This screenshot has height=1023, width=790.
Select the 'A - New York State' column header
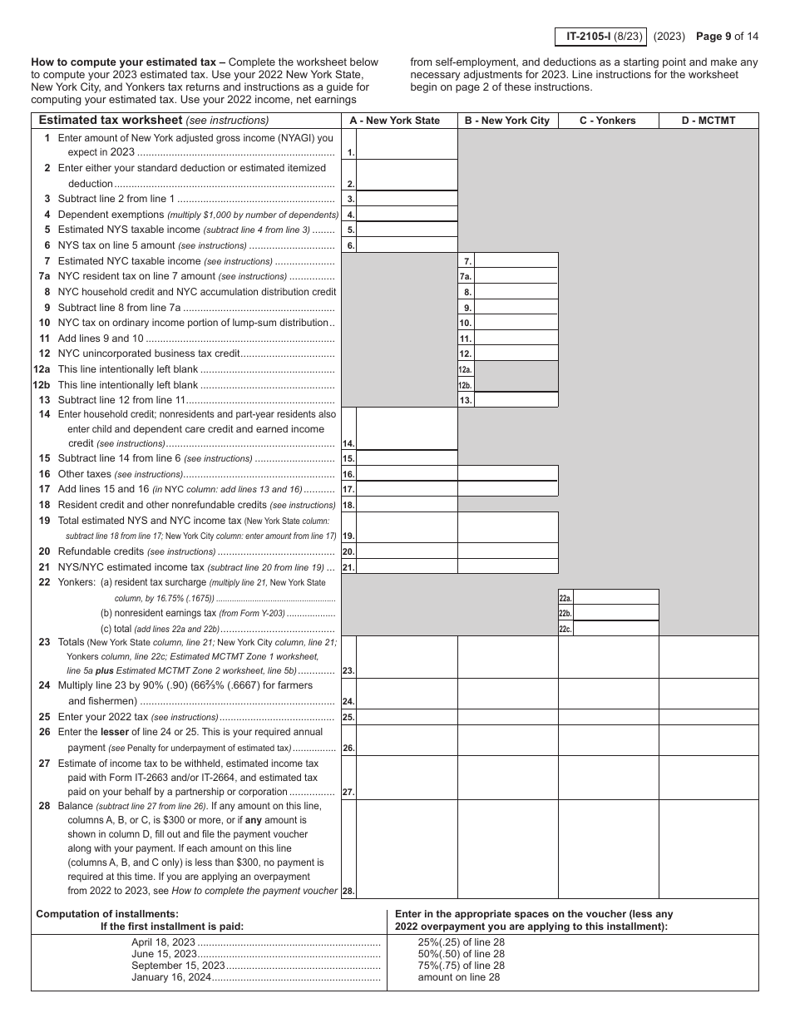394,121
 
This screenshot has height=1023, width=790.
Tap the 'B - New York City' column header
507,121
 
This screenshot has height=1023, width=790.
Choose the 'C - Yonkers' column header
608,121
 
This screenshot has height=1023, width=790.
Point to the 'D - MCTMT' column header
709,121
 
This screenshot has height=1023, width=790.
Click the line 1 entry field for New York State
407,145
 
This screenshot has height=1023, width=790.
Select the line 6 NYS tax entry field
407,245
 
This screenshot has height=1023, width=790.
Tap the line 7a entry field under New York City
516,276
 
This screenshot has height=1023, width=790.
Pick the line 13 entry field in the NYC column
516,400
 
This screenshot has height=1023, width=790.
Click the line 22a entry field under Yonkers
616,597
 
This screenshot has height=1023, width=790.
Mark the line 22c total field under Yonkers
616,629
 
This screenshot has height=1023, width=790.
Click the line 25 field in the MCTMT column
709,716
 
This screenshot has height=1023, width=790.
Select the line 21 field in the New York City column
507,566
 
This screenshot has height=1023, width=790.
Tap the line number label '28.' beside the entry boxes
348,892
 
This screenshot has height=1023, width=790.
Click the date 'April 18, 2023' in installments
163,942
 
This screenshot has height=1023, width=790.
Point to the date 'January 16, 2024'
170,977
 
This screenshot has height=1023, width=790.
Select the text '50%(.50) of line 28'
461,954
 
